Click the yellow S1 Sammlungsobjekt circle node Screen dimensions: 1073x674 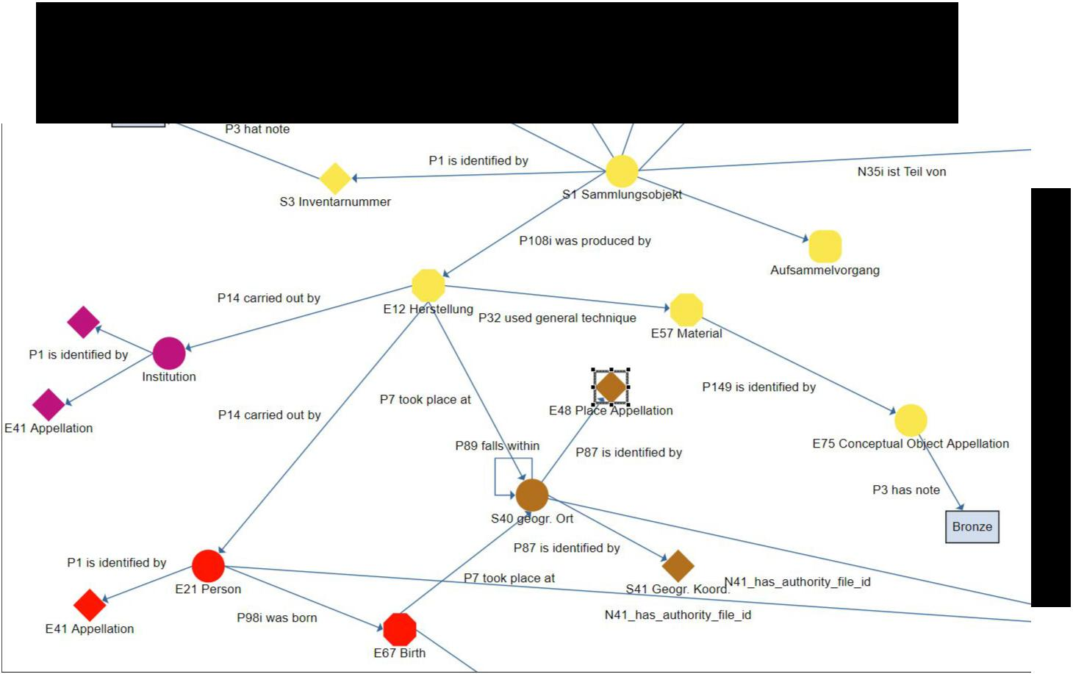point(622,171)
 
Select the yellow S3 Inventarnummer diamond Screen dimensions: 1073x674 point(335,179)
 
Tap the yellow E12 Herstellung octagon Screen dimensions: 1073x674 point(428,285)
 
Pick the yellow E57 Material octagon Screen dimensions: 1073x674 point(686,309)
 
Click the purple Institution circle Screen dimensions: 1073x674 point(169,354)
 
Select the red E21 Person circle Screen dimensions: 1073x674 point(209,566)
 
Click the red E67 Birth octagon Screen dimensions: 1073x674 point(400,629)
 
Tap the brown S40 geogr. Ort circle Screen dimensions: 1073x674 point(532,495)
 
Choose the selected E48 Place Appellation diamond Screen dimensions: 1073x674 point(611,387)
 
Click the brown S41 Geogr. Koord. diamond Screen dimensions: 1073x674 point(678,566)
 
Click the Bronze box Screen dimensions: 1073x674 point(972,527)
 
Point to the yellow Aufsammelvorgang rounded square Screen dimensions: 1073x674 point(825,246)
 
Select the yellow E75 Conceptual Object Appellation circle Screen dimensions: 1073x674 point(911,420)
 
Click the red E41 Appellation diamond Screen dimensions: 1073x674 point(90,605)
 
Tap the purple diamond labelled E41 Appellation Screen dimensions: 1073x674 point(49,405)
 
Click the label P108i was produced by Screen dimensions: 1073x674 point(585,240)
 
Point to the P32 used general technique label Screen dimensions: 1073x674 point(557,318)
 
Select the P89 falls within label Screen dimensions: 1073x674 point(498,446)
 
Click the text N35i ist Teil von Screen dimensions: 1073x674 point(902,171)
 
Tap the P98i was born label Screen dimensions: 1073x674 point(277,618)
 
